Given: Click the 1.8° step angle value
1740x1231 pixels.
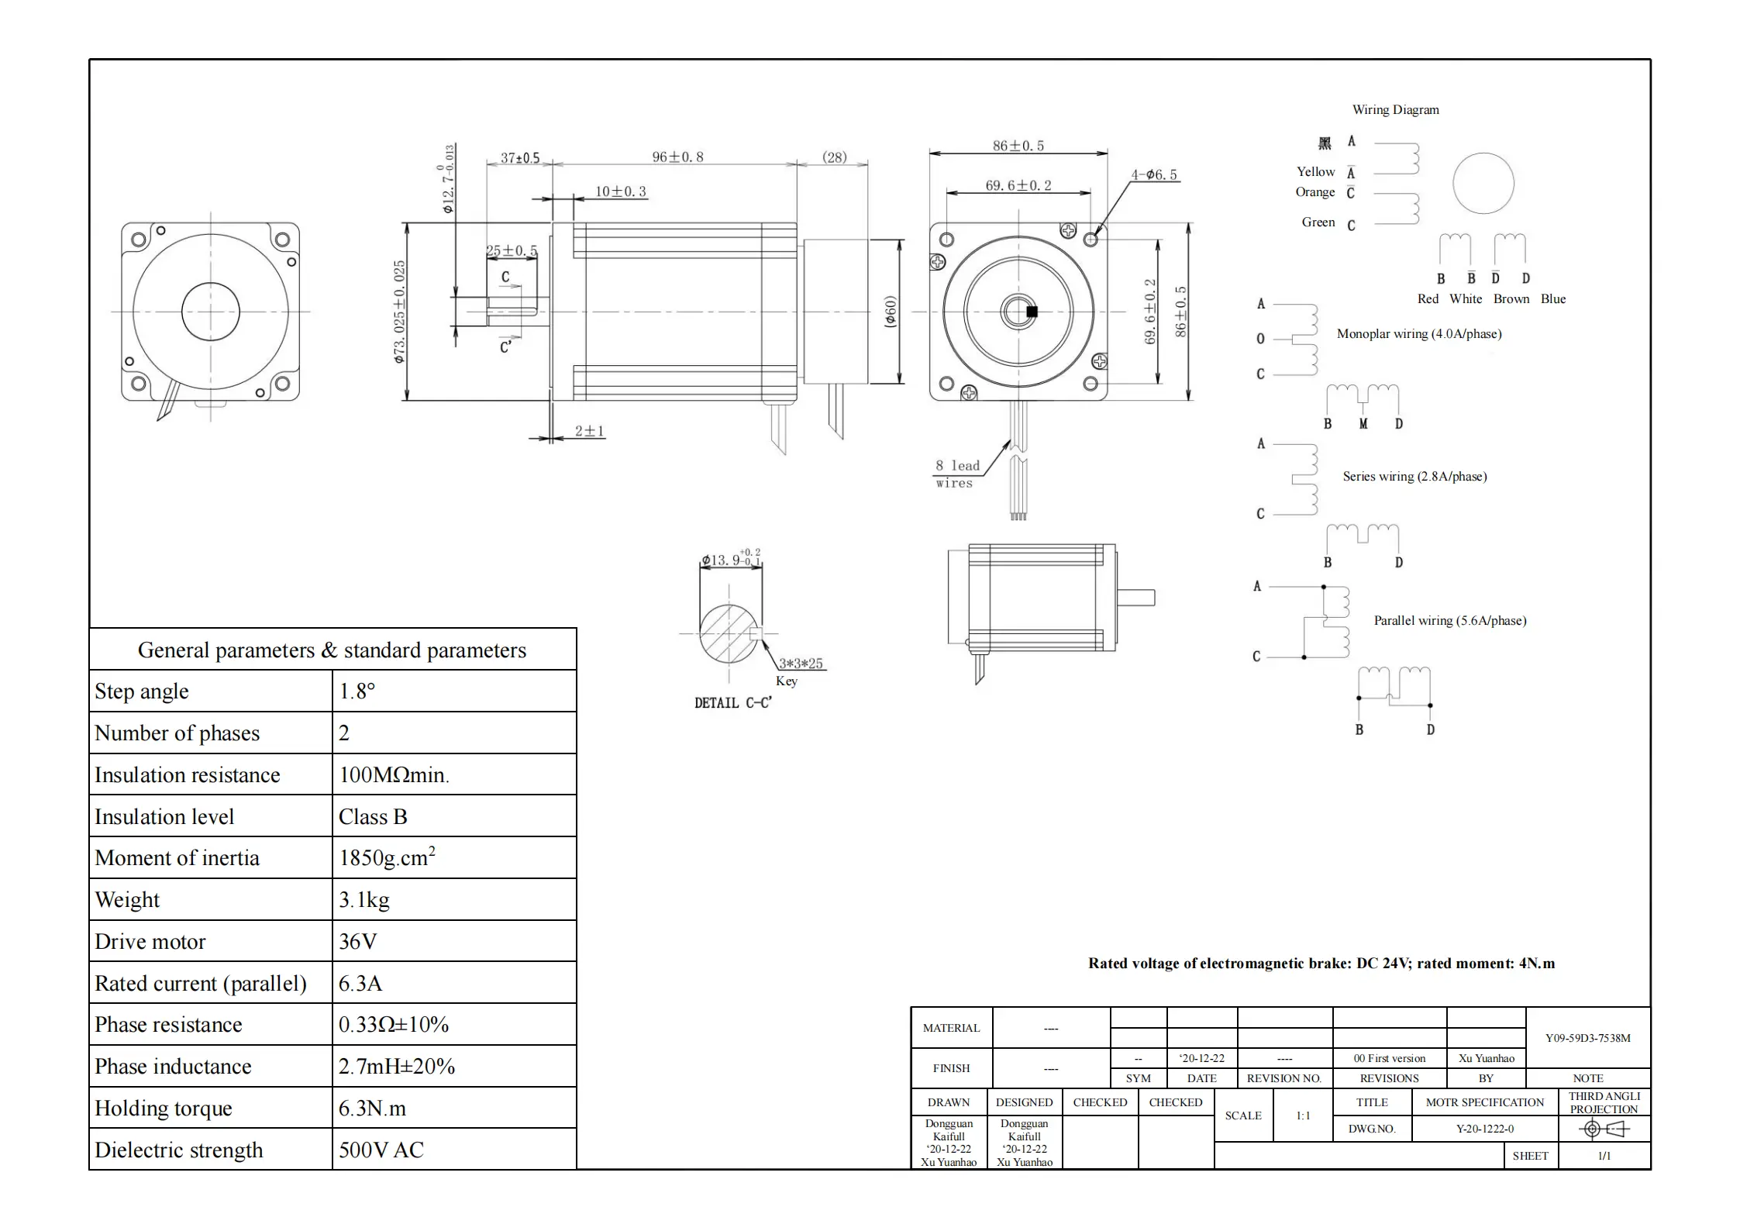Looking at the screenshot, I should [357, 691].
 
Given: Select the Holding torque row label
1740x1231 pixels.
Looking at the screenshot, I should [164, 1108].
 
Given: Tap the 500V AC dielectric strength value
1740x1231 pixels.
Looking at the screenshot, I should [381, 1150].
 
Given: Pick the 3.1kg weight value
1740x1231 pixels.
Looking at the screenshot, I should [364, 899].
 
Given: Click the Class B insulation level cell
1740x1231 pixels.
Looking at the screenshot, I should [373, 816].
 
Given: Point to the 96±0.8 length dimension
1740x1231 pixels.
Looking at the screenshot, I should [677, 157].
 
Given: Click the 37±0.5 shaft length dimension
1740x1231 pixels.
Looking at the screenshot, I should [519, 157].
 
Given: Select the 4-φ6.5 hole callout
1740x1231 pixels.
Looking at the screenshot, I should [1153, 174].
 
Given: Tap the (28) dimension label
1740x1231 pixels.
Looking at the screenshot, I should [834, 157].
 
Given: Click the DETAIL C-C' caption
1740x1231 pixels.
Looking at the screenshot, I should [732, 702].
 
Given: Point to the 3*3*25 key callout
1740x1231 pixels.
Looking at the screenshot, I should [801, 663].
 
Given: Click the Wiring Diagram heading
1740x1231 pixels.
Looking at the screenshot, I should [1395, 109].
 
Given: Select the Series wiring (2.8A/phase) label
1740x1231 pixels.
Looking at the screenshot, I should [1414, 476].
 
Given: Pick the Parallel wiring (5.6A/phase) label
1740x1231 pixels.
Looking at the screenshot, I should [1449, 620].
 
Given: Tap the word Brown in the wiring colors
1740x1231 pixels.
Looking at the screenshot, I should [1511, 298].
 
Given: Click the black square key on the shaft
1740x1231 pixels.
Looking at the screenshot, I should [1032, 312].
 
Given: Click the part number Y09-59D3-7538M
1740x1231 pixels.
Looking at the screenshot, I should [1587, 1037].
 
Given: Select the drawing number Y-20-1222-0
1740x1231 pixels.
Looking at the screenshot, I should [1484, 1129].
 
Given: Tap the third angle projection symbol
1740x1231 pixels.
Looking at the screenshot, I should [1604, 1129].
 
